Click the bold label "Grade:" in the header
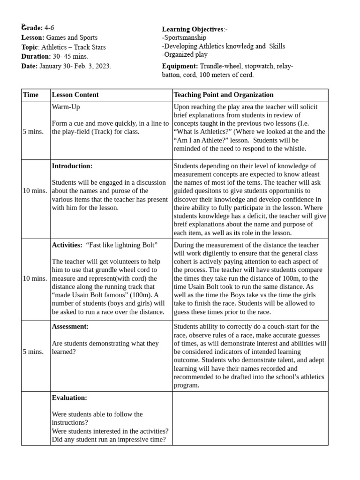point(32,28)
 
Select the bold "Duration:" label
point(36,57)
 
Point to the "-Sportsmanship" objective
point(184,37)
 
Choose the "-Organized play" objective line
point(185,54)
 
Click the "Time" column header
point(31,95)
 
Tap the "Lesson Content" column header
point(75,95)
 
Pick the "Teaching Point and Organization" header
point(224,95)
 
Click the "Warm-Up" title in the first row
point(66,107)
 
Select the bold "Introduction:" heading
point(72,166)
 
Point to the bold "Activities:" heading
point(67,245)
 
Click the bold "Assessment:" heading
point(70,327)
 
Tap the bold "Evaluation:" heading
point(69,398)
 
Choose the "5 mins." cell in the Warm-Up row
point(33,132)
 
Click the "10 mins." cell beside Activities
point(35,278)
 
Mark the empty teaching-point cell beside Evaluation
point(250,418)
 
